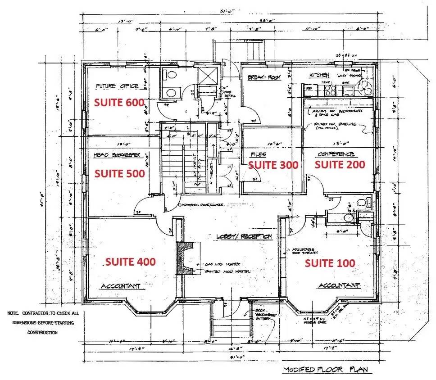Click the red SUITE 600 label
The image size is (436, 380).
119,102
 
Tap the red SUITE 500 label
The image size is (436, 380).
119,173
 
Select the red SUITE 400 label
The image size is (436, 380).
130,262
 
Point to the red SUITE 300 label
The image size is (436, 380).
273,165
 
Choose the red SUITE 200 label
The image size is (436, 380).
340,164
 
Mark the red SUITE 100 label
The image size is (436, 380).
330,263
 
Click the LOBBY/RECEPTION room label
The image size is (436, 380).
244,236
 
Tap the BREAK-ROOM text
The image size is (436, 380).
264,77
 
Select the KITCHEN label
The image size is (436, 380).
319,75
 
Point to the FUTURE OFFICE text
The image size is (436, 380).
117,86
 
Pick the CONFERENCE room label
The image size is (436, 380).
336,154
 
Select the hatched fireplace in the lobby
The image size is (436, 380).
184,258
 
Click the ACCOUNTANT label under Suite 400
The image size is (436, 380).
120,286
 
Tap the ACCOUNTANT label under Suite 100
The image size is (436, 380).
339,286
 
